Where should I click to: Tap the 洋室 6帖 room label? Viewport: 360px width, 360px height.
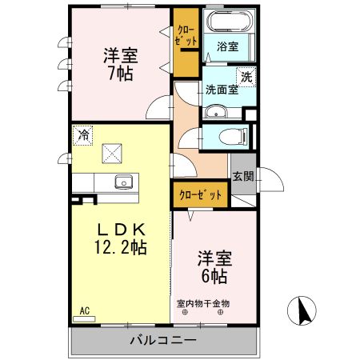(x=214, y=267)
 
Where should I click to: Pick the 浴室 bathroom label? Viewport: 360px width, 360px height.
(x=228, y=47)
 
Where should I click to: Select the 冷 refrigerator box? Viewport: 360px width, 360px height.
(x=82, y=135)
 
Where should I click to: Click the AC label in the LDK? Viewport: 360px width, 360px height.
(x=84, y=310)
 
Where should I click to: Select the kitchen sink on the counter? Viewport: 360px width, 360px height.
(x=123, y=182)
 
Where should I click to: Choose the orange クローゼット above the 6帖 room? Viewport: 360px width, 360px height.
(x=201, y=194)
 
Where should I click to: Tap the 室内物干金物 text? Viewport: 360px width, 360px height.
(x=203, y=303)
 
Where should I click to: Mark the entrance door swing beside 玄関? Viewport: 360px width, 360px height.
(x=270, y=183)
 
